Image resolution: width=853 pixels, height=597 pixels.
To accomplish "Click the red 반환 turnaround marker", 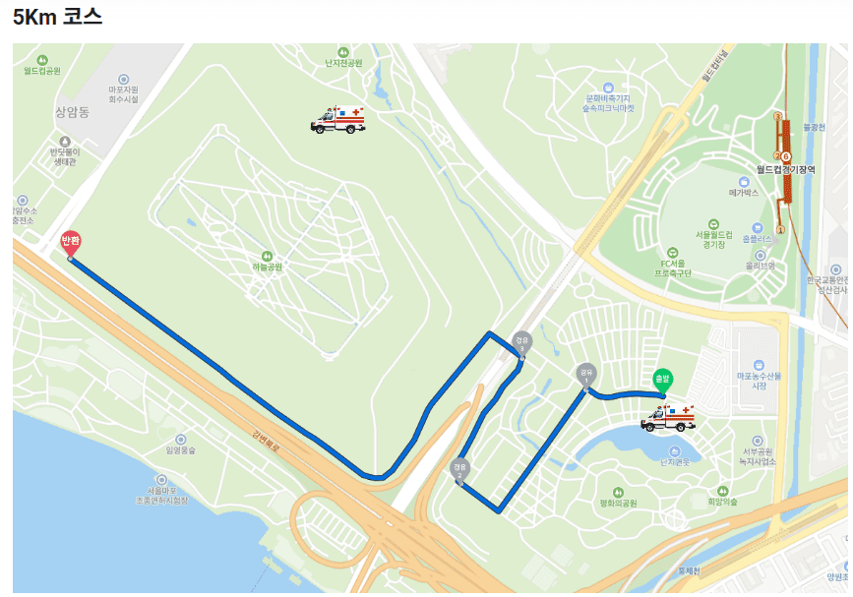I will click(x=71, y=242).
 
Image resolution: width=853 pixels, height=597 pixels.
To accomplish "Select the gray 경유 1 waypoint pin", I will click(x=586, y=374).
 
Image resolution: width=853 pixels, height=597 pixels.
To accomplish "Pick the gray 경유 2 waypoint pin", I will click(x=459, y=469).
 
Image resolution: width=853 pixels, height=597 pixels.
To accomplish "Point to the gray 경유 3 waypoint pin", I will click(x=520, y=342).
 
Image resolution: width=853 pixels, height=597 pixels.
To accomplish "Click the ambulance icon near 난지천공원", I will click(x=337, y=120).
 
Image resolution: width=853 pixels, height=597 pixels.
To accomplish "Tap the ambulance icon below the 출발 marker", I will click(x=668, y=419).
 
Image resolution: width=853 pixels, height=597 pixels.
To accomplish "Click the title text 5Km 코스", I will click(x=58, y=18).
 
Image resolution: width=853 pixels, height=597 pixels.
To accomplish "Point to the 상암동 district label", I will click(x=72, y=113).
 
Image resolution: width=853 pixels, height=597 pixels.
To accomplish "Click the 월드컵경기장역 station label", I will click(x=787, y=169).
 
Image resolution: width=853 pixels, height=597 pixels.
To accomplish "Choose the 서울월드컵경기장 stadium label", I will click(x=714, y=236).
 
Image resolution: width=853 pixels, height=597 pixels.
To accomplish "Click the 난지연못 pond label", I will click(x=673, y=461).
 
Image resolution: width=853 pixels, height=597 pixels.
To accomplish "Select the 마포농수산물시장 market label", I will click(x=758, y=380).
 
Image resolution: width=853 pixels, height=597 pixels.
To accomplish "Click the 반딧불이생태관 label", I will click(x=64, y=156).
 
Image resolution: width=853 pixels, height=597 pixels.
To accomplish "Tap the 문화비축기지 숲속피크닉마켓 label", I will click(x=609, y=102).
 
